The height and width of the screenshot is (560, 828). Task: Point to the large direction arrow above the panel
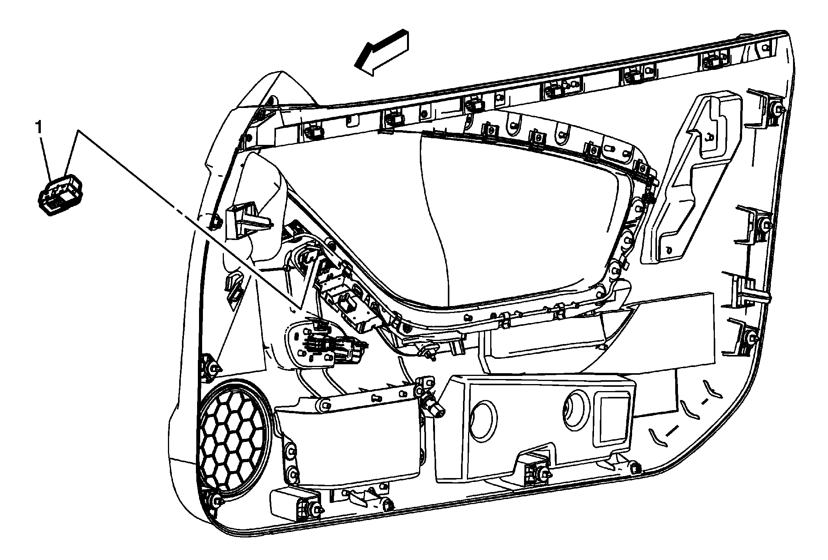point(383,52)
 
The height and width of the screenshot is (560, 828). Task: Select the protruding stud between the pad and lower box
point(433,408)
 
